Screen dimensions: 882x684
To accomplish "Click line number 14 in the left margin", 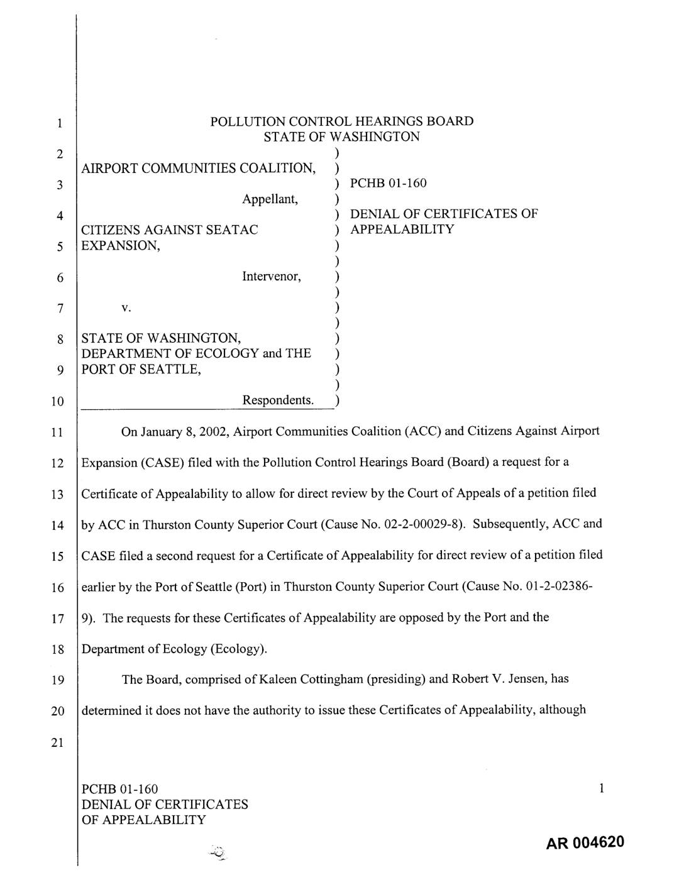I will click(58, 526).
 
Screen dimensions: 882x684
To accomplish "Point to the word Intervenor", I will click(271, 277).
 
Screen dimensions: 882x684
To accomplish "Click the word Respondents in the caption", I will click(277, 400).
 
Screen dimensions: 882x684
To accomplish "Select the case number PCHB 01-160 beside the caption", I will click(388, 183).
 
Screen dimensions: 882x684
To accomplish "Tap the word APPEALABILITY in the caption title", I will click(402, 229).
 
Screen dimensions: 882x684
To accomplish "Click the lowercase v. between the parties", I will click(126, 308).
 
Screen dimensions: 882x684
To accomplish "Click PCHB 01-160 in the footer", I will click(120, 789).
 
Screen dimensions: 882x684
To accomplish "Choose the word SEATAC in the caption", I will click(233, 230).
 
